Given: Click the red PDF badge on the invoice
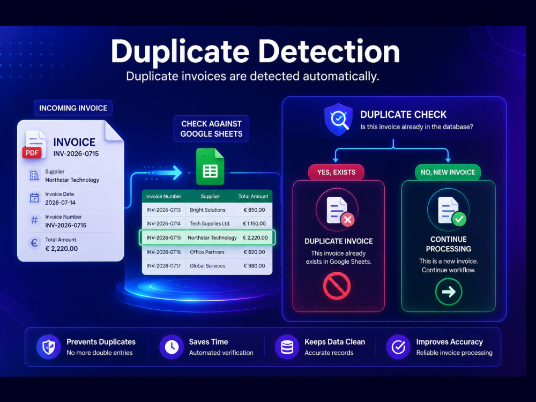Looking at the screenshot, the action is pos(32,153).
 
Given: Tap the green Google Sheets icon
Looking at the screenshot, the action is pos(210,167).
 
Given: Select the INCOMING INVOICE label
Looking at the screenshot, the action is pos(73,108).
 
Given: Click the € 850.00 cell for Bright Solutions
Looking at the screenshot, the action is pos(254,210).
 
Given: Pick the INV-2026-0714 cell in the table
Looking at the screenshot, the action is pos(163,224).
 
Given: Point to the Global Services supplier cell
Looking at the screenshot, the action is pos(207,266).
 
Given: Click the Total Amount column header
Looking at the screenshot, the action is pos(254,196).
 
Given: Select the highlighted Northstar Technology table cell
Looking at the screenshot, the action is pos(212,237).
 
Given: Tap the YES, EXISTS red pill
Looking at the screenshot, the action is pos(337,172).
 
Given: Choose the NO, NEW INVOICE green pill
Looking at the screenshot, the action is pos(448,172).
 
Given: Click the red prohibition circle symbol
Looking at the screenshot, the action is pos(337,286).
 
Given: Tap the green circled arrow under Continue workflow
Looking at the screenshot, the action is pos(449,292).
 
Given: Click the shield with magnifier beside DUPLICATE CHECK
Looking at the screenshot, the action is pos(338,120).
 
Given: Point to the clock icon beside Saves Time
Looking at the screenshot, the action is pos(172,347).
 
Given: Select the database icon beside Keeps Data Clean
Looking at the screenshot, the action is pos(287,347).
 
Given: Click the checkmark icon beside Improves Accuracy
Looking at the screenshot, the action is pos(398,347).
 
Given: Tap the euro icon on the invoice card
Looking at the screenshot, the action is pos(34,243).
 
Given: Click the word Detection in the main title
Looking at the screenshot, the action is pos(329,52).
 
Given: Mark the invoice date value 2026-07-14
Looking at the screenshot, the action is pos(60,203).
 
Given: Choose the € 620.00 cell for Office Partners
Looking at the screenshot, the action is pos(254,252).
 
